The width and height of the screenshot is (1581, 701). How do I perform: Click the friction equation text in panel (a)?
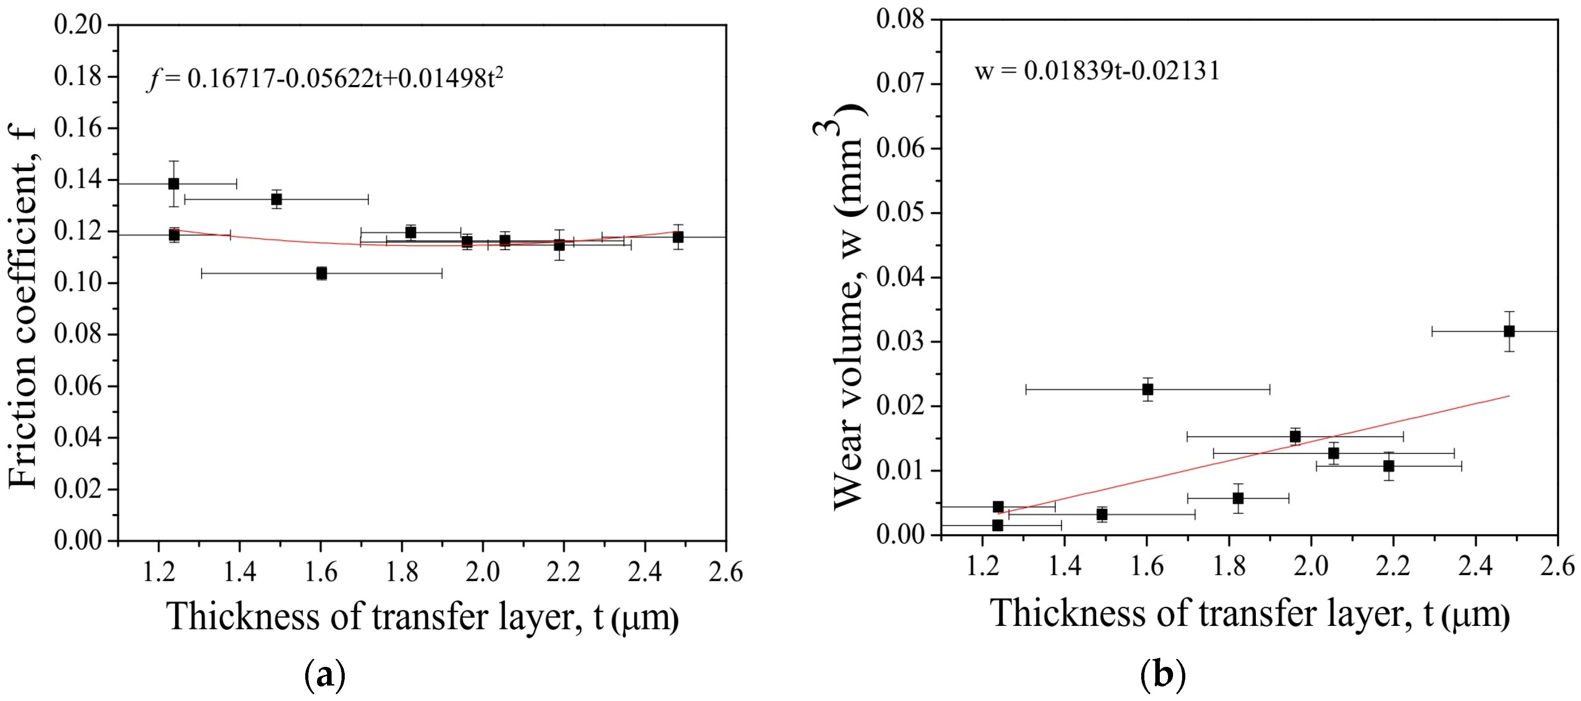click(325, 79)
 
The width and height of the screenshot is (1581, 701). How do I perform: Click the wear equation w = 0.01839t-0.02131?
click(1097, 71)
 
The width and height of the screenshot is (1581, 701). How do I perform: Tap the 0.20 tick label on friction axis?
click(78, 25)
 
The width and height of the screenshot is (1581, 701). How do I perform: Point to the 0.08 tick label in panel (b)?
click(901, 19)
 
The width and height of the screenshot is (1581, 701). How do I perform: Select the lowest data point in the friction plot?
click(322, 273)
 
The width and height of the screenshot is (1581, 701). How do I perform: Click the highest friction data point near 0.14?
click(174, 183)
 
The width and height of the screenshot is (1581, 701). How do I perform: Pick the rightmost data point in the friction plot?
click(678, 237)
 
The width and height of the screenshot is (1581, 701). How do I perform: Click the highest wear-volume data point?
click(1509, 332)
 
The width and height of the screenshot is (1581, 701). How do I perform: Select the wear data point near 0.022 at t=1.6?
click(1148, 389)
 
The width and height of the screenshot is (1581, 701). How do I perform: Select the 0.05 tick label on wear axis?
click(901, 212)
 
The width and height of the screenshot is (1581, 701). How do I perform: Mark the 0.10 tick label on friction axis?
click(78, 282)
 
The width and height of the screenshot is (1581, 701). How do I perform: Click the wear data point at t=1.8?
click(1238, 498)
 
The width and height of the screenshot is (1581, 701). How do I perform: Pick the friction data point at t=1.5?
click(276, 199)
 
